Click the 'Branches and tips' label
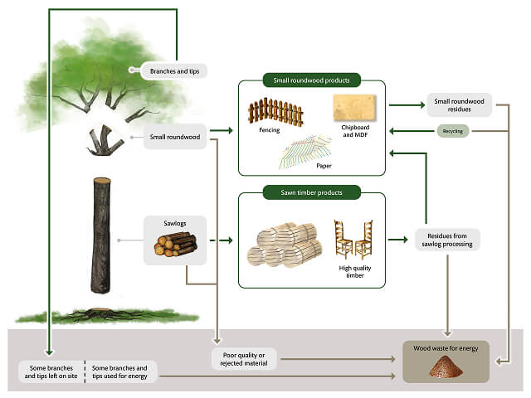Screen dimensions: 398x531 (x=173, y=71)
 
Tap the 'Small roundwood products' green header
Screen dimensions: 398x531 (x=311, y=80)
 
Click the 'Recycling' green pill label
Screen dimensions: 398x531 (x=453, y=131)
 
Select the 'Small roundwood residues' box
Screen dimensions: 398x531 (x=458, y=107)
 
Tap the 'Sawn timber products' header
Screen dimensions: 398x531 (x=311, y=192)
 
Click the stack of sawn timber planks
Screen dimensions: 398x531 (x=282, y=245)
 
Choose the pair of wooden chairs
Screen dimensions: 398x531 (x=352, y=238)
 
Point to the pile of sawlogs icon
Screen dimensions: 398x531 (x=175, y=245)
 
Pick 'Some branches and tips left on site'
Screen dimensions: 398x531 (x=51, y=373)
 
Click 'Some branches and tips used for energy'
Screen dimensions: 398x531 (x=119, y=373)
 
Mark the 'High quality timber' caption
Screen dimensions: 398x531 (x=353, y=272)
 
